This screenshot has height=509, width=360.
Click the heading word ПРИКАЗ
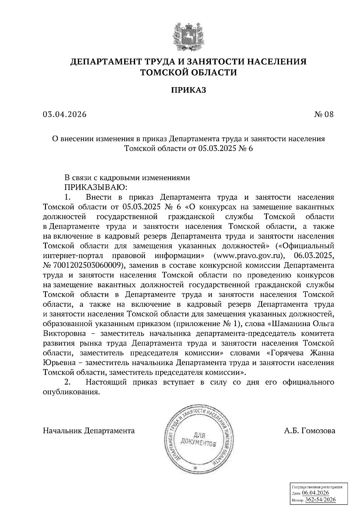pos(188,90)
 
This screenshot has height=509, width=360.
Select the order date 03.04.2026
pos(64,115)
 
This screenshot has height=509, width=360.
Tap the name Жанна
pos(322,353)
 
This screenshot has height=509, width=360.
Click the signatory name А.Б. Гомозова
pos(310,431)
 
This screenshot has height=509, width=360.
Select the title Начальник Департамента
pos(89,431)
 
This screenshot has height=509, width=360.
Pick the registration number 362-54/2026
pos(320,500)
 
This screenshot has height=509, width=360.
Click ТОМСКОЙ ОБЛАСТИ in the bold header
pos(188,73)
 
